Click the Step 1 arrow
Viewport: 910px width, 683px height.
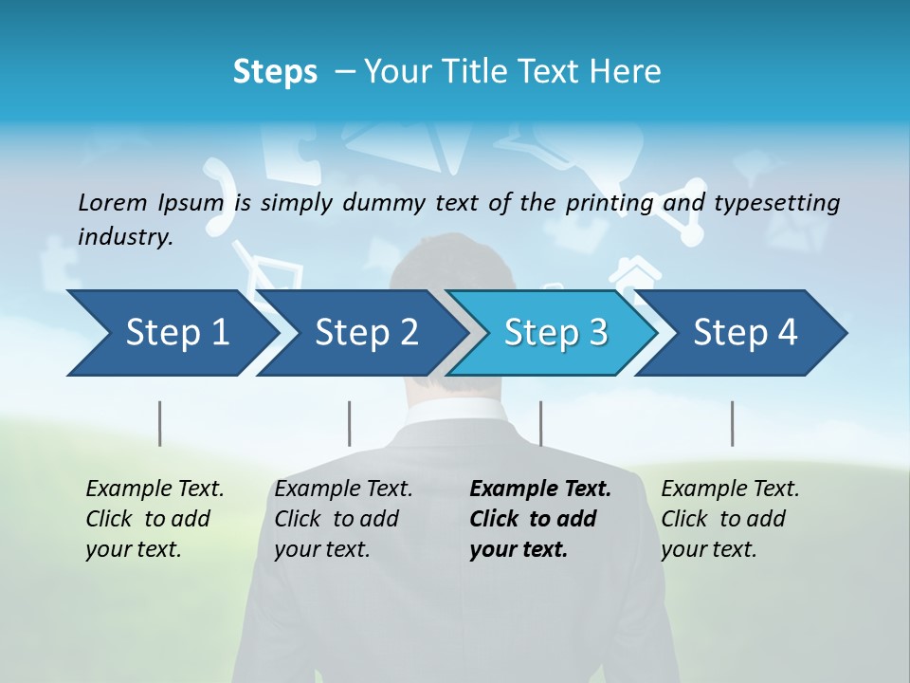click(x=171, y=333)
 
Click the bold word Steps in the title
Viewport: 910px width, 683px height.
click(x=275, y=72)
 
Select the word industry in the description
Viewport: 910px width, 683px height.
click(x=124, y=237)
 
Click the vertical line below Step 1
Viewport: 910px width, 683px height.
click(x=160, y=423)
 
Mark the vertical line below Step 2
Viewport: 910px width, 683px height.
click(x=350, y=423)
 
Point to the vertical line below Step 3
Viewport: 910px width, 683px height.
click(x=540, y=423)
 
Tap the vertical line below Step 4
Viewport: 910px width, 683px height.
click(x=732, y=423)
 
